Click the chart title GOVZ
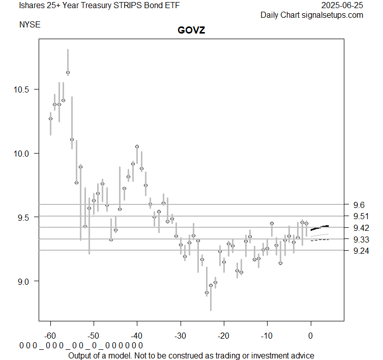[x=191, y=31]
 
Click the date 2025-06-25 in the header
[x=343, y=6]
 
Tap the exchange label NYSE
[x=30, y=24]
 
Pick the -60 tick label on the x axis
[x=50, y=336]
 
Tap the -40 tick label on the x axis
[x=137, y=336]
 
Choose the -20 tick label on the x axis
[x=224, y=336]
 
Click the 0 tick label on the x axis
[x=310, y=336]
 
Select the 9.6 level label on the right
[x=359, y=204]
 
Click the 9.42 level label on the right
[x=361, y=227]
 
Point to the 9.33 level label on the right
[x=361, y=239]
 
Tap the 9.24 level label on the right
[x=361, y=250]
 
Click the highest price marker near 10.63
[x=68, y=73]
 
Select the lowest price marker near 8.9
[x=207, y=293]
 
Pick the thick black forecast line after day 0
[x=319, y=227]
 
